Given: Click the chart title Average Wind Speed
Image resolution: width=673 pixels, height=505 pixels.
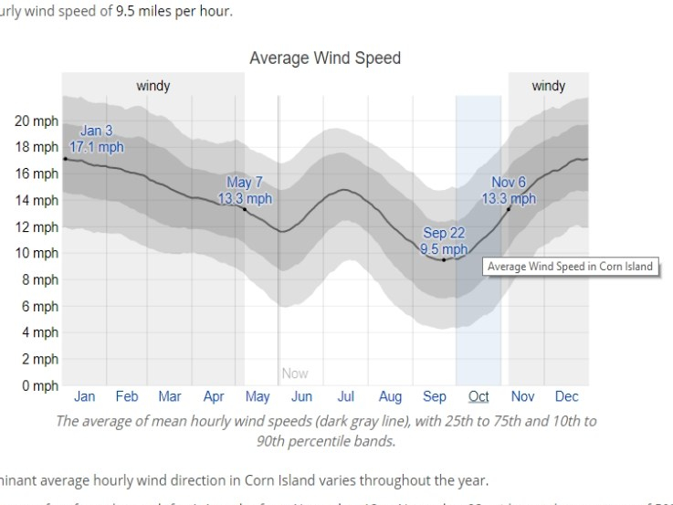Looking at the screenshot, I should pos(325,58).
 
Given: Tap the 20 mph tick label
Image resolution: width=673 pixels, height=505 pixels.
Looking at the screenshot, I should pos(37,121).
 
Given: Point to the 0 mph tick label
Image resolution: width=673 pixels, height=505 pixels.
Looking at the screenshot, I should pos(40,386).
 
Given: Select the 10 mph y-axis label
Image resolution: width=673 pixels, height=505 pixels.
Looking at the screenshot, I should pos(37,253).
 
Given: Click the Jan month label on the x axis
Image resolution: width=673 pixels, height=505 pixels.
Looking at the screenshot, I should pos(84,396).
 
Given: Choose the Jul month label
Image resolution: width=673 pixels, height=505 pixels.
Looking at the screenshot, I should pos(346,396).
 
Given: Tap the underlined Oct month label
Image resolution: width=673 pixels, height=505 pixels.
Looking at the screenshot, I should pos(478,396).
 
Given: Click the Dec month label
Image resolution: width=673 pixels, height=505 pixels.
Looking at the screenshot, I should pos(566,396).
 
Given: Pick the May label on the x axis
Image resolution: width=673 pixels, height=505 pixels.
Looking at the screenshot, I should pos(258,396).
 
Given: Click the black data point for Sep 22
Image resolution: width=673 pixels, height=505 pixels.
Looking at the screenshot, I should pos(444,260).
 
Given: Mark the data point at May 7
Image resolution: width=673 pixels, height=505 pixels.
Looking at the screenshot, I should pos(245,209).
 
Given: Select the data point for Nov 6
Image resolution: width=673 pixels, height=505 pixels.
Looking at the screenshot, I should pos(509,209).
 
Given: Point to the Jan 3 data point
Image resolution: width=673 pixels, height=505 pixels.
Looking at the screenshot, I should pos(65,159).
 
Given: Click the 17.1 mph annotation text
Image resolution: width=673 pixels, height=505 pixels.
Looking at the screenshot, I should pos(97,146).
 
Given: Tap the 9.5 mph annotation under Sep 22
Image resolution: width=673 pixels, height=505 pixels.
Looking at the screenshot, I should pos(444,248).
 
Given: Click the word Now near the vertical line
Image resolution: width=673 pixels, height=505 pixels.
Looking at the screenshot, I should pos(295,373).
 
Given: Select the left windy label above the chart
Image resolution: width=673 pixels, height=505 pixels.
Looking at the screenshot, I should pos(153,86).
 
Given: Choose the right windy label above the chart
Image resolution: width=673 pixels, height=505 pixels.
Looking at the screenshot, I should pos(549,86).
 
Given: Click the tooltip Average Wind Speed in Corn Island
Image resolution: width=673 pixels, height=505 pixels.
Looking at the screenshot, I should pos(570,267).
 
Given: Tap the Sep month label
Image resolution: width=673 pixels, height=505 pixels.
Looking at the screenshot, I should pos(435,396).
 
